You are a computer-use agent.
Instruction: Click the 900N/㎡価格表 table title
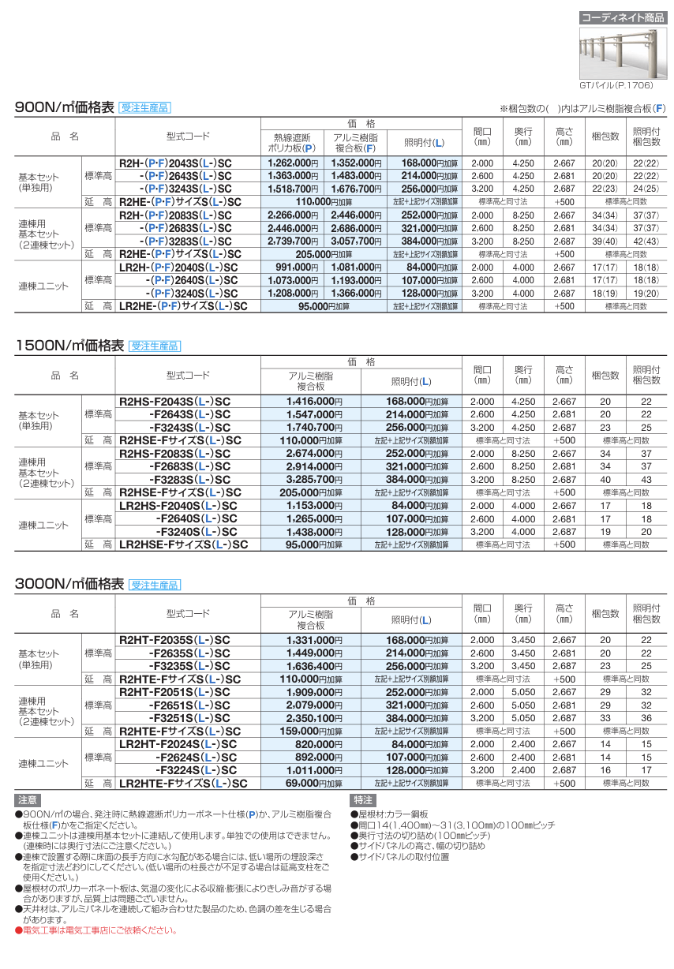[65, 108]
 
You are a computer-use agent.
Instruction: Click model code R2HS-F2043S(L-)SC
[174, 401]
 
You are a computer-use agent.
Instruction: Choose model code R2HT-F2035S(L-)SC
[174, 640]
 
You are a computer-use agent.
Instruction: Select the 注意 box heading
[27, 800]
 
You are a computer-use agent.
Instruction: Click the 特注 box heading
[362, 800]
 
